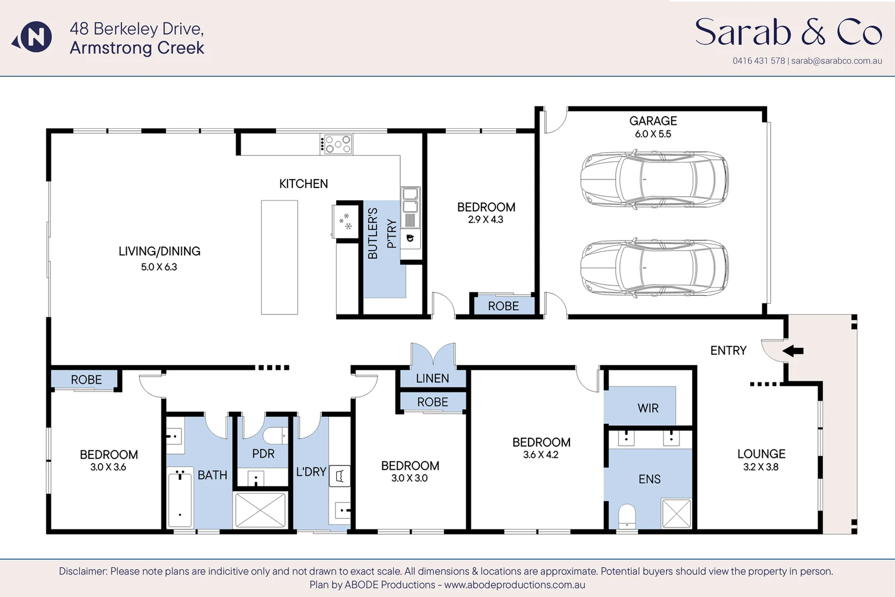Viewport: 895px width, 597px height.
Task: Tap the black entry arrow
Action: point(793,350)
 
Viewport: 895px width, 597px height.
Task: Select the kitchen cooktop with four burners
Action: point(337,144)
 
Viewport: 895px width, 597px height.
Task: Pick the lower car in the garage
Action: point(654,268)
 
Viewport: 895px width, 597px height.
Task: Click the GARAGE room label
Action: point(653,121)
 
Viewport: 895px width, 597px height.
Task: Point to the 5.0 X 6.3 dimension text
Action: point(159,267)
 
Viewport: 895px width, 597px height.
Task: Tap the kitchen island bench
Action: point(279,257)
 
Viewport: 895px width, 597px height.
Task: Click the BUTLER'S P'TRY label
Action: point(381,233)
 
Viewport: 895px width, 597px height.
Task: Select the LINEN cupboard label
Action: point(432,379)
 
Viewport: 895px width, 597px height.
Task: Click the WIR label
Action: point(648,409)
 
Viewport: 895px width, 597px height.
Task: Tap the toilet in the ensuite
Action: point(627,517)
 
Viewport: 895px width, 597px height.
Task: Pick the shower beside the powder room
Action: point(260,510)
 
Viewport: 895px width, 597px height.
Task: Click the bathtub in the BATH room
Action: point(180,499)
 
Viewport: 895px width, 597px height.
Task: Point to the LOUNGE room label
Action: point(761,454)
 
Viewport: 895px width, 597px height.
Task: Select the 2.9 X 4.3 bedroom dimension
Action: point(485,219)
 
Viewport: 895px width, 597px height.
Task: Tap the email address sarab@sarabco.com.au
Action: point(836,61)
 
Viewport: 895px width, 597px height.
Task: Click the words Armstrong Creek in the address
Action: point(137,48)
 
